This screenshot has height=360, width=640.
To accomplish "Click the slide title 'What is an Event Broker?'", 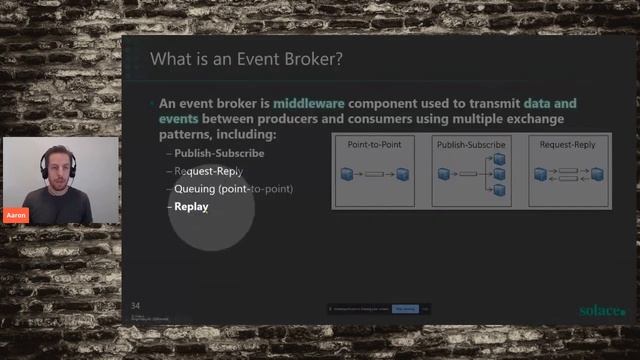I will click(246, 60).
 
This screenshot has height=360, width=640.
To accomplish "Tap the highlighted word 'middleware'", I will click(315, 104).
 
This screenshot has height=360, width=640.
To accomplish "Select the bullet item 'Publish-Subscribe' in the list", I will click(219, 154).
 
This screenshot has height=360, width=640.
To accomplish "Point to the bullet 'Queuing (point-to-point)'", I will click(233, 189).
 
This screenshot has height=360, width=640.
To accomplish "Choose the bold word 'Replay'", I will click(191, 207).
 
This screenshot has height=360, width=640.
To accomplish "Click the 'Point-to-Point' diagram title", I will click(374, 145).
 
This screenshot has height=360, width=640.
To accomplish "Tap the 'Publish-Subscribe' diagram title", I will click(471, 145).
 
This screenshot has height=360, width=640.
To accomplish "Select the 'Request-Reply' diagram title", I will click(567, 145).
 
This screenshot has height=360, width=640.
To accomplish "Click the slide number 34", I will click(137, 304).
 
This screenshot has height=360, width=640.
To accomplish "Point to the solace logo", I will click(602, 310).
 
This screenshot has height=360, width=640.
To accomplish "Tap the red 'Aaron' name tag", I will click(16, 215).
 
